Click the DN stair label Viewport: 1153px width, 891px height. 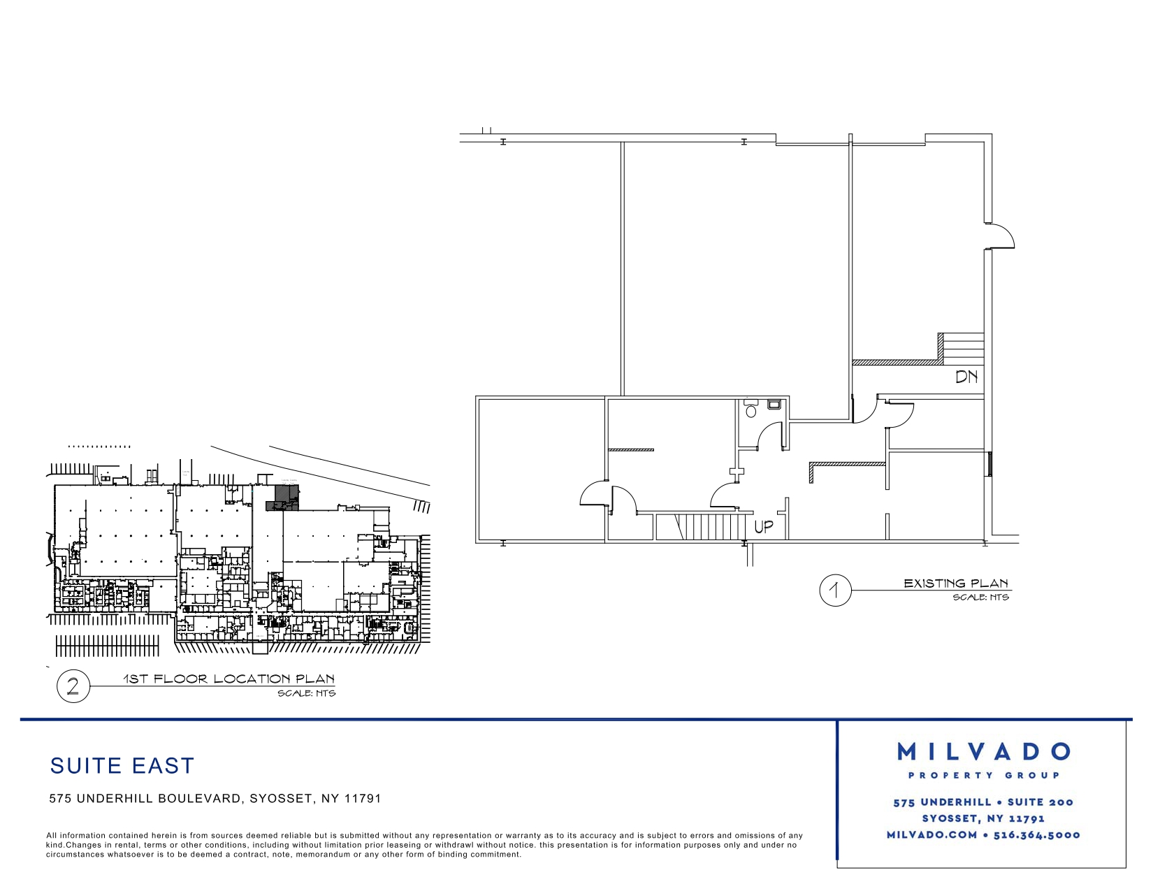(x=966, y=377)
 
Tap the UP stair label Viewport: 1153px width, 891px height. (x=764, y=527)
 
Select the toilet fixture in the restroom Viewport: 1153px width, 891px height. (x=750, y=409)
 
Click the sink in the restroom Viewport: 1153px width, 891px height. (x=774, y=405)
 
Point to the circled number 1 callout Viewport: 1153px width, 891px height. (x=835, y=590)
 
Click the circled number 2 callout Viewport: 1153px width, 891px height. (x=73, y=686)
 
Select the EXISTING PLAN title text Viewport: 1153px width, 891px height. (x=956, y=584)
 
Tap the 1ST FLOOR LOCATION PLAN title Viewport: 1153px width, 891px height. (x=229, y=679)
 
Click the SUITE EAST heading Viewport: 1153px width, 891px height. (x=122, y=766)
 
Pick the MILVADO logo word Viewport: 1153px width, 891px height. (x=983, y=751)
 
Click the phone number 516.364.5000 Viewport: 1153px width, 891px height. (x=1036, y=835)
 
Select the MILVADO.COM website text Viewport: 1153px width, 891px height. (x=931, y=835)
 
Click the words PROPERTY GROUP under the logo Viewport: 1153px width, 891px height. (x=984, y=775)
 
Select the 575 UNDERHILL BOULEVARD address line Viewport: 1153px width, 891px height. (x=215, y=799)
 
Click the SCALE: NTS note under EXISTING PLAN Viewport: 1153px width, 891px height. (x=980, y=597)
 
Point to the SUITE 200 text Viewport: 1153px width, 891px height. (x=1040, y=802)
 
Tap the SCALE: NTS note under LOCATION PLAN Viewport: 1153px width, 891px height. (x=307, y=693)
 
